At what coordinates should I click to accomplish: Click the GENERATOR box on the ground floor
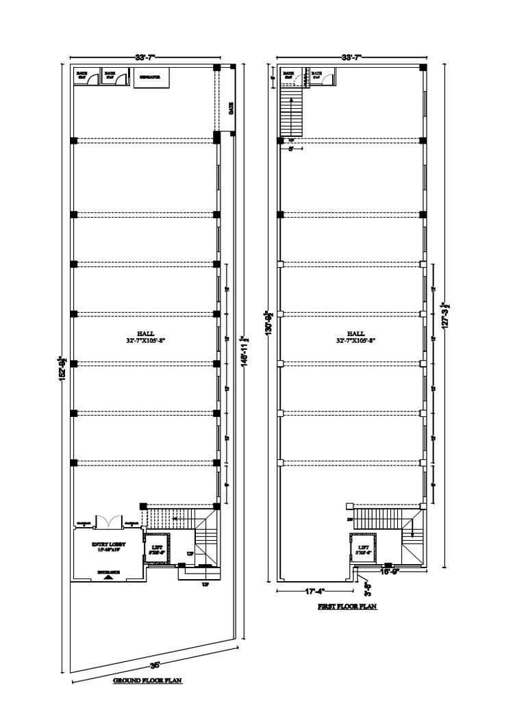pos(149,77)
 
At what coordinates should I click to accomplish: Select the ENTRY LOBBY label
pos(110,546)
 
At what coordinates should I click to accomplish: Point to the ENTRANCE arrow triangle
pos(108,576)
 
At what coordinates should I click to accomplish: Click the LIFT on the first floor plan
pos(363,548)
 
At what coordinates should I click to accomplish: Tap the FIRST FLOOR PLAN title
pos(347,607)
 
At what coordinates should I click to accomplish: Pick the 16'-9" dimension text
pos(389,569)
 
